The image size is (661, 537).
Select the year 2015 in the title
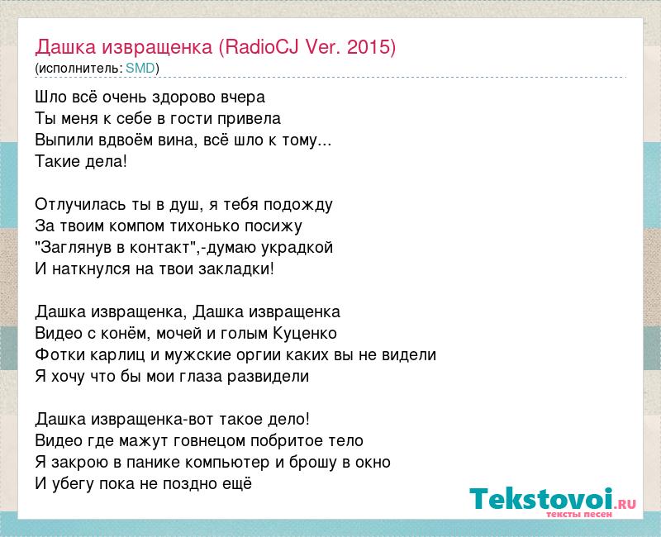click(369, 47)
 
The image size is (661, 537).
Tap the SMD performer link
click(140, 69)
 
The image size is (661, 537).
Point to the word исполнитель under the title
click(78, 69)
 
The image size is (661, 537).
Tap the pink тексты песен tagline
click(578, 514)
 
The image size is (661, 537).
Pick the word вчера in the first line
click(243, 97)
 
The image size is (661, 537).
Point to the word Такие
click(58, 162)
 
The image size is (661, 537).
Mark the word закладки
click(235, 269)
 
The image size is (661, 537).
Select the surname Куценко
click(305, 334)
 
